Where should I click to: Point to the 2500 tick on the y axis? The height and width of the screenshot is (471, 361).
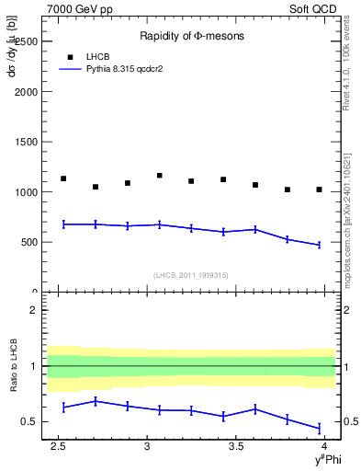pos(28,41)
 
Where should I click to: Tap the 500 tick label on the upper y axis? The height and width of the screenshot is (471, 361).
pos(30,242)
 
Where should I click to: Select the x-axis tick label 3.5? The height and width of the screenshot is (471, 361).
pos(236,445)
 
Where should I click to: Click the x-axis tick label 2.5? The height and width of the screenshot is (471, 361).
pos(59,445)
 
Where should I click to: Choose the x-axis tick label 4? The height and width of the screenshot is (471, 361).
pos(325,445)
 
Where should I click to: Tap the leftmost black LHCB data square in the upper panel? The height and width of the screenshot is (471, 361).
pos(63,178)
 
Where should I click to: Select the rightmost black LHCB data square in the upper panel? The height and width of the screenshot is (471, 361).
pos(319,190)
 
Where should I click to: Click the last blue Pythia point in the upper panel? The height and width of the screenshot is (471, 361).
pos(319,245)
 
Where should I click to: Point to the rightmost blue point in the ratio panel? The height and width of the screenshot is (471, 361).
pos(319,428)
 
